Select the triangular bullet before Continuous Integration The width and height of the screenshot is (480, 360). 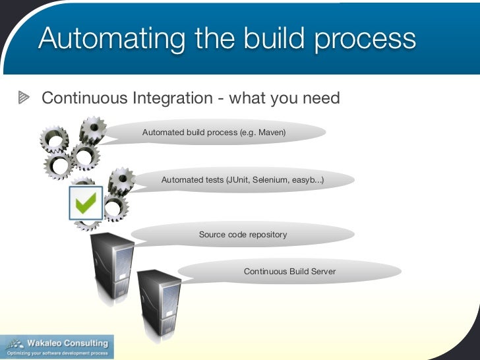pyautogui.click(x=24, y=99)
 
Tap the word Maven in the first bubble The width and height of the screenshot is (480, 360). pyautogui.click(x=270, y=133)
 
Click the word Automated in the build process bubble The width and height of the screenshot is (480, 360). pyautogui.click(x=163, y=133)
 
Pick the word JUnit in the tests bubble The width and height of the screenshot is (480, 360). pyautogui.click(x=238, y=179)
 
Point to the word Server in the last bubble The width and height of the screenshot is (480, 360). pyautogui.click(x=322, y=271)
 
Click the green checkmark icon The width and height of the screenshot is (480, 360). pyautogui.click(x=86, y=203)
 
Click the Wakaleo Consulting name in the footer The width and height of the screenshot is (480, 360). pyautogui.click(x=67, y=343)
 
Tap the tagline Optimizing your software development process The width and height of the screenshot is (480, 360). pyautogui.click(x=57, y=353)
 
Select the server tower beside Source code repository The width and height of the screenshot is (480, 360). pyautogui.click(x=111, y=264)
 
